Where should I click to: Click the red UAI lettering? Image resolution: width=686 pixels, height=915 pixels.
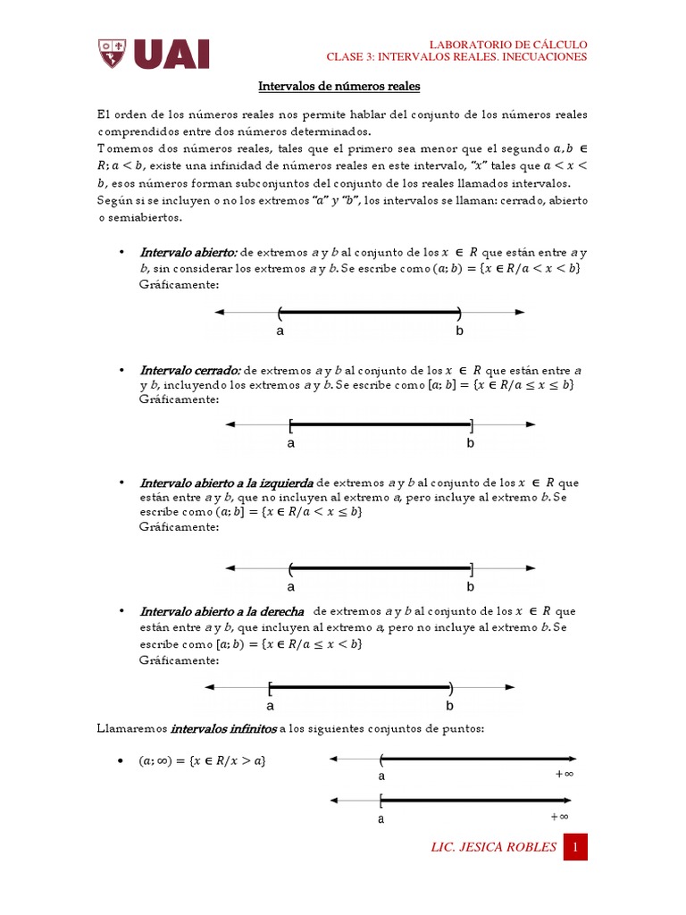pyautogui.click(x=171, y=54)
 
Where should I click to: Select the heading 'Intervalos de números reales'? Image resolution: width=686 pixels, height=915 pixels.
pyautogui.click(x=339, y=88)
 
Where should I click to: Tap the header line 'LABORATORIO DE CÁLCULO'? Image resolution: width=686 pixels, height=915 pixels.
pyautogui.click(x=508, y=44)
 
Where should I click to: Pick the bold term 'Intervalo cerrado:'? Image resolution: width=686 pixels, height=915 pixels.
pyautogui.click(x=189, y=370)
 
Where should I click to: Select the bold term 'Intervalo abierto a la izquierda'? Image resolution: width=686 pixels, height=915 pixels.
pyautogui.click(x=226, y=483)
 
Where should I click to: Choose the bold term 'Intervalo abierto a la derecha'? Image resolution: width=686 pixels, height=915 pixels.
pyautogui.click(x=222, y=611)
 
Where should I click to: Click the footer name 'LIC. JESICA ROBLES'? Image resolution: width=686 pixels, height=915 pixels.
pyautogui.click(x=493, y=847)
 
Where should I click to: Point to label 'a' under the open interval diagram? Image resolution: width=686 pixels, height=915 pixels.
pyautogui.click(x=280, y=331)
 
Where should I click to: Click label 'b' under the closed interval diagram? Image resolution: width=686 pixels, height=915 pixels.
pyautogui.click(x=470, y=442)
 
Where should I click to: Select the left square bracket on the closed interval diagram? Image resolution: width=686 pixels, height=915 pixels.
pyautogui.click(x=291, y=424)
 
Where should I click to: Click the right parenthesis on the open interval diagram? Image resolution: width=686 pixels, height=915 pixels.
pyautogui.click(x=459, y=312)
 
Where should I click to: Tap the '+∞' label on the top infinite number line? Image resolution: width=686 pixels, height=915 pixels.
pyautogui.click(x=564, y=775)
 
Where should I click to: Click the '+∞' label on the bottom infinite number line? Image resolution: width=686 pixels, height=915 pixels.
pyautogui.click(x=559, y=816)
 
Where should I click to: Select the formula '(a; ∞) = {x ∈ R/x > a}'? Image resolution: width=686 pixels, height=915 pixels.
pyautogui.click(x=202, y=760)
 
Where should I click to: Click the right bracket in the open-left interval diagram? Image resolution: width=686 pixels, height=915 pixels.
pyautogui.click(x=471, y=567)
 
